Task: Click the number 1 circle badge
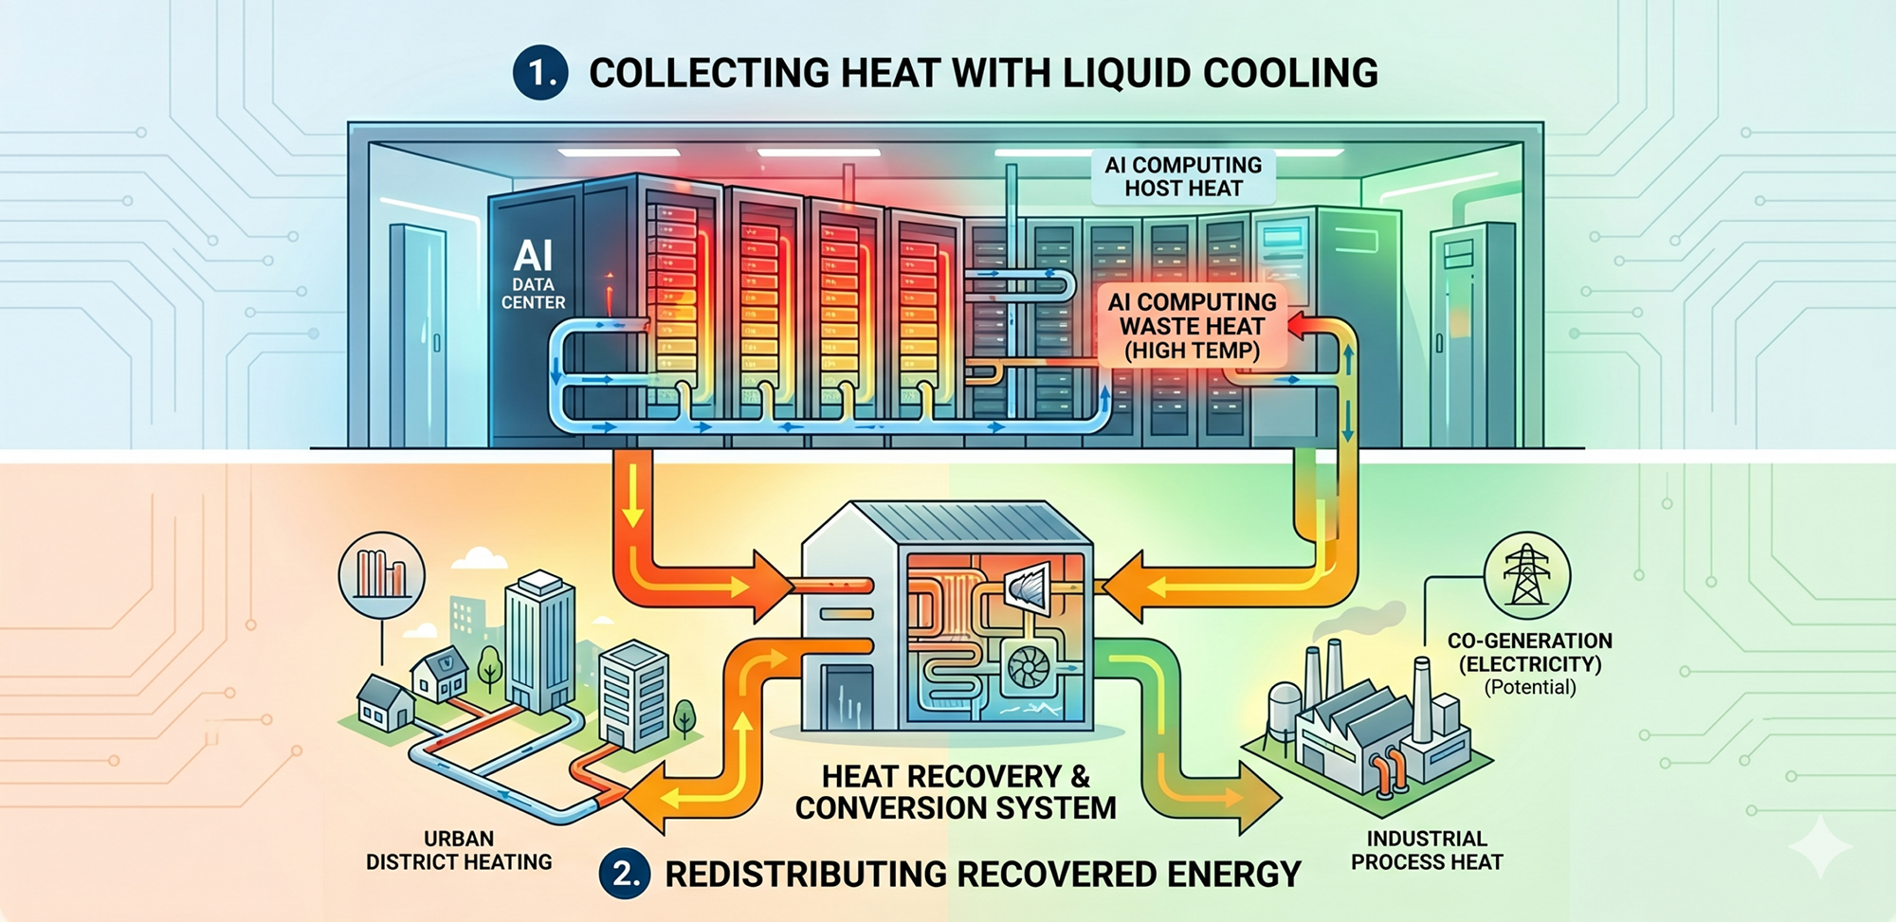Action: [540, 73]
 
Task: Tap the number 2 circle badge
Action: [625, 873]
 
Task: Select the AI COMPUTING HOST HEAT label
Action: [1183, 177]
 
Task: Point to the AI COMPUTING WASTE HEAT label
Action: [1193, 327]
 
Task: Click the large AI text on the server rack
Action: [533, 256]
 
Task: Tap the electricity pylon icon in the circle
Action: [1526, 575]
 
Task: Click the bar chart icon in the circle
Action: [382, 574]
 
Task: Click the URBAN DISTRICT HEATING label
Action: [459, 851]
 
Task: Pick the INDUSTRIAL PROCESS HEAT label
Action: [1427, 851]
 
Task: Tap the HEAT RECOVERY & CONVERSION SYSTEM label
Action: [956, 792]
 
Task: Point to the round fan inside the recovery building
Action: [1028, 668]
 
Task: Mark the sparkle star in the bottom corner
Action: [1820, 846]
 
